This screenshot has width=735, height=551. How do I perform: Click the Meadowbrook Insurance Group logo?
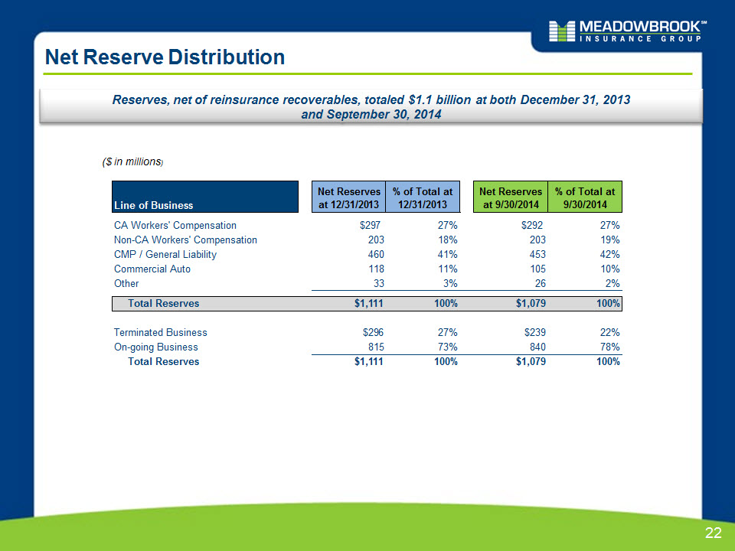[x=628, y=31]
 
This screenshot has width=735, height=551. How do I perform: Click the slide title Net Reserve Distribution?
[x=165, y=57]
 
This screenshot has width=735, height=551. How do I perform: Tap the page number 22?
[x=713, y=533]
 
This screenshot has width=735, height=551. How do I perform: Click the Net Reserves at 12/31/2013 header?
[x=349, y=197]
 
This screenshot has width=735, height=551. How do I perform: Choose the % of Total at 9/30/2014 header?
[x=584, y=197]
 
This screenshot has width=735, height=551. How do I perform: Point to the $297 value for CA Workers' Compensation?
[x=370, y=225]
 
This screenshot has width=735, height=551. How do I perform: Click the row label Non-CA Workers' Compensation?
[x=185, y=240]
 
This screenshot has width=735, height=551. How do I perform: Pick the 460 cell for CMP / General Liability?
[x=376, y=254]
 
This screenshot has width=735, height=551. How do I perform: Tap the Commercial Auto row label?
[x=152, y=269]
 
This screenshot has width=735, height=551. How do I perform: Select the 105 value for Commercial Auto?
[x=537, y=269]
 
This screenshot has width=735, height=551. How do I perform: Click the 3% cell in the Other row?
[x=450, y=283]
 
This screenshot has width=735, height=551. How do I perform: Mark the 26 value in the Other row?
[x=541, y=283]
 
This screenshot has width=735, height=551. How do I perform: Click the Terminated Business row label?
[x=160, y=332]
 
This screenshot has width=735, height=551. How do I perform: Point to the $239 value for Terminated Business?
[x=535, y=332]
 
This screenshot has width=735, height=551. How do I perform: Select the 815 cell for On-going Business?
[x=376, y=347]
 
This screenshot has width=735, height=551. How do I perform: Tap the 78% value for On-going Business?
[x=610, y=347]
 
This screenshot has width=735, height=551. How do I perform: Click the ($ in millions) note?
[x=132, y=161]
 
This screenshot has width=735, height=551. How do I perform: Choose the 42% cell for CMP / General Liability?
[x=610, y=254]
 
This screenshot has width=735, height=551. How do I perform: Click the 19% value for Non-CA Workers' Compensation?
[x=610, y=240]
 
